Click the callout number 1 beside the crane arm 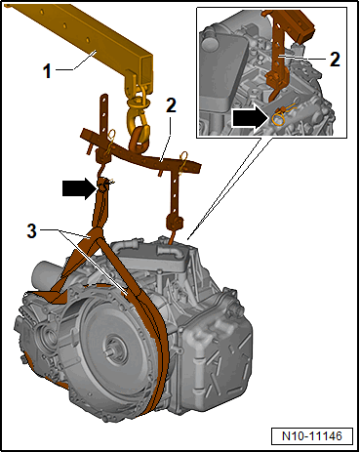coord(48,71)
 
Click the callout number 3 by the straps coord(31,231)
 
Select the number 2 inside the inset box coord(335,60)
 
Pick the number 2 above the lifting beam coord(171,105)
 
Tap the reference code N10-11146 coord(312,435)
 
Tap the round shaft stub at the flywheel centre coord(114,350)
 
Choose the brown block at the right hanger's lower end coord(175,223)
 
